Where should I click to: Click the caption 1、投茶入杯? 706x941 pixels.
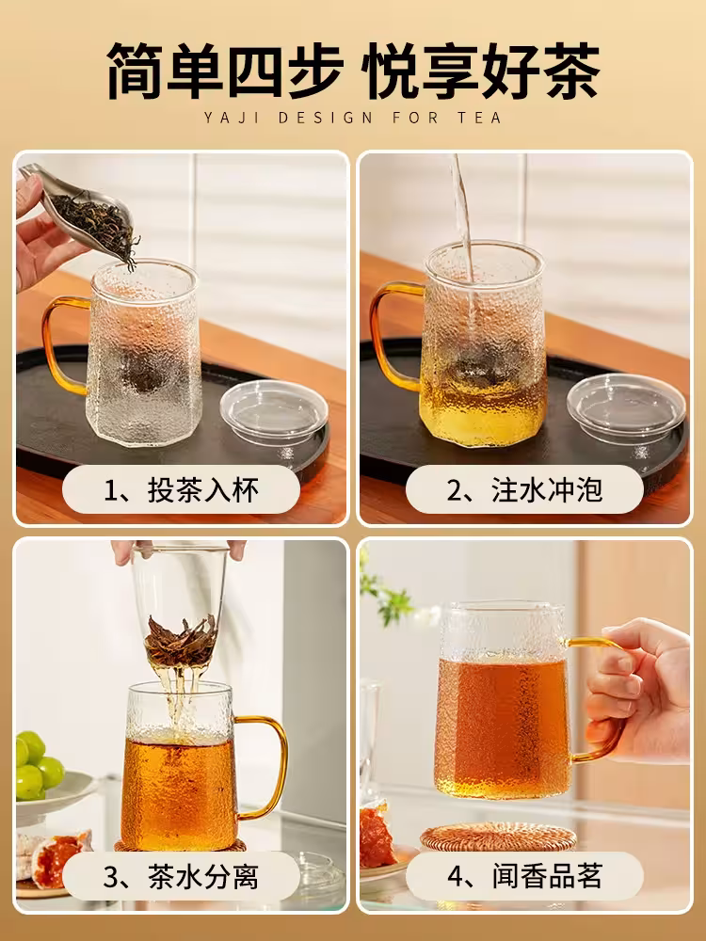click(181, 490)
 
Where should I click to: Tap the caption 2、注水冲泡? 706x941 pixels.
click(524, 490)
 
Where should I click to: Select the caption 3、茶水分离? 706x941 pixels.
click(181, 877)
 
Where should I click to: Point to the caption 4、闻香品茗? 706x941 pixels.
click(524, 877)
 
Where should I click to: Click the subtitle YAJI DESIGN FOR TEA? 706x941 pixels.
click(352, 117)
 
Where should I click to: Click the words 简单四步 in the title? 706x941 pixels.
click(225, 71)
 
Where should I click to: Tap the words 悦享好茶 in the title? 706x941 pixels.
click(483, 71)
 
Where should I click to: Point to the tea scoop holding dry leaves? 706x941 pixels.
click(84, 213)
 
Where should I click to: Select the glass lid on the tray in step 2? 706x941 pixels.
click(626, 407)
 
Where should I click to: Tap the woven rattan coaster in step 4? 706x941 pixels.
click(498, 837)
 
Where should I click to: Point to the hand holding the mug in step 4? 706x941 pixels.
click(639, 690)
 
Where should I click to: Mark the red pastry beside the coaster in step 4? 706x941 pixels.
click(377, 837)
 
